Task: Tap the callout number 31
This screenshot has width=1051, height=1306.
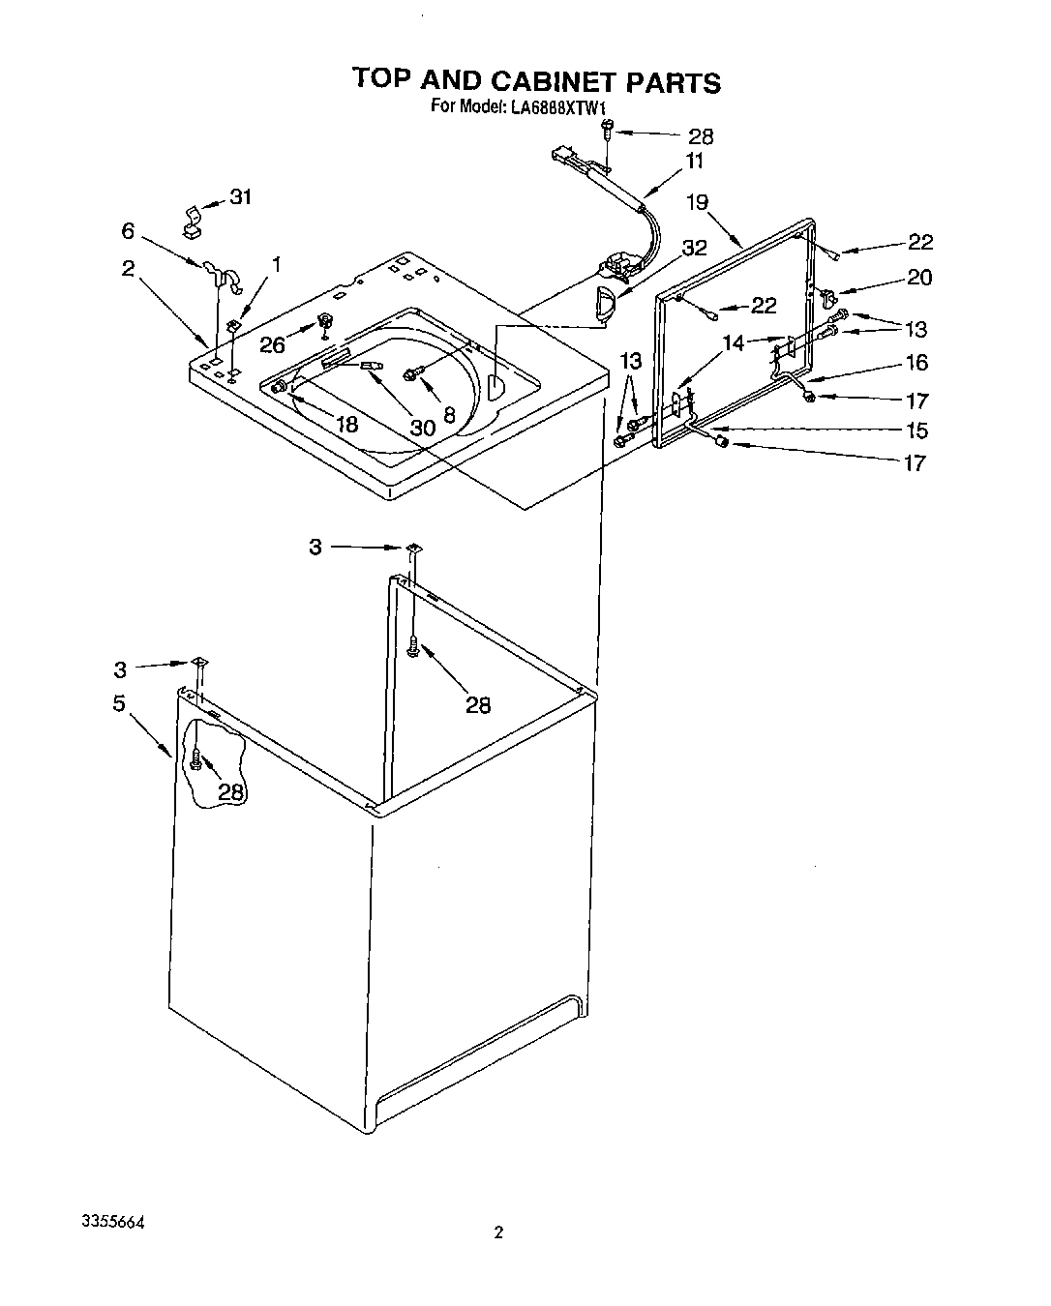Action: point(240,197)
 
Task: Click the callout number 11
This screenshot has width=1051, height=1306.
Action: point(694,162)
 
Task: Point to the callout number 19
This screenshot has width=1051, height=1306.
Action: point(698,202)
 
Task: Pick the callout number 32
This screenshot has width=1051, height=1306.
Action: point(694,248)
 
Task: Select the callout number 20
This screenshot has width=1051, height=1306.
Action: point(918,278)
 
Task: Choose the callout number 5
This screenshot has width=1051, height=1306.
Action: point(119,703)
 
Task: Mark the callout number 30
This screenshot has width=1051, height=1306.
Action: point(422,427)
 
